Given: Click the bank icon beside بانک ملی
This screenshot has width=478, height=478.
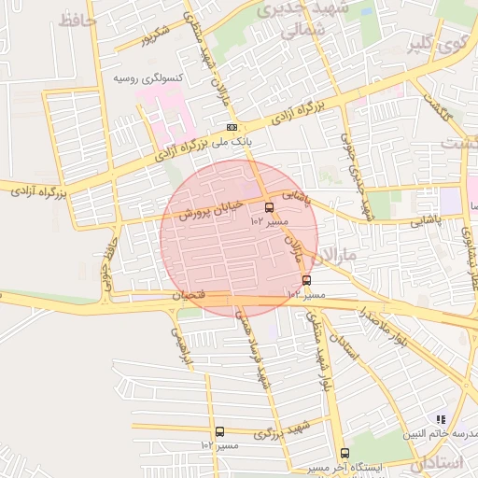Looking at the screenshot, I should (232, 128).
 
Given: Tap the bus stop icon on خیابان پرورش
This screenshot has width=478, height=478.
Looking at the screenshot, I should (270, 208).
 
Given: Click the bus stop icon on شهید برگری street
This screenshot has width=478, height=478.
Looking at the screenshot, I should (219, 432).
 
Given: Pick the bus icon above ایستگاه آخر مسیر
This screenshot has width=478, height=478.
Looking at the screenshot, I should (344, 454).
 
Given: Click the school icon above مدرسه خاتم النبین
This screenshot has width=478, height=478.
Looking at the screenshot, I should (441, 420).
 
